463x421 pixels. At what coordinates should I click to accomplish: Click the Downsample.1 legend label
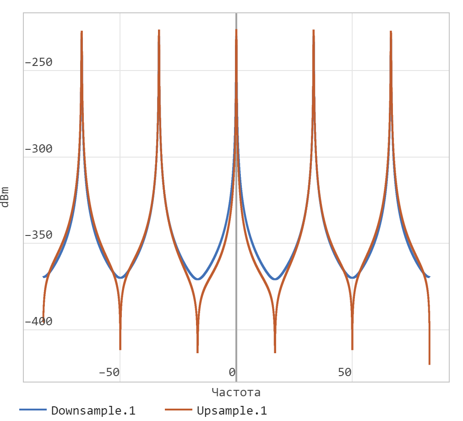point(93,410)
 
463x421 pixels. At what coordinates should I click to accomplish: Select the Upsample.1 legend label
point(232,410)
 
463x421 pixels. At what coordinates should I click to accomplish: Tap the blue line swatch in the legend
point(33,410)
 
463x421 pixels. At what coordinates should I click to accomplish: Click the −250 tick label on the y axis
point(38,62)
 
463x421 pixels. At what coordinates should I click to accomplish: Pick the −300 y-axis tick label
point(38,149)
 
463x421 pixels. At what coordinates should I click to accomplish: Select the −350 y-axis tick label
point(38,235)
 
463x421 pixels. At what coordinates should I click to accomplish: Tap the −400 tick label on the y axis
point(38,322)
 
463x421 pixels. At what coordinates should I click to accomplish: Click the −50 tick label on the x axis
point(109,372)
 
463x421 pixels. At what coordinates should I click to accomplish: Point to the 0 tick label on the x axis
point(232,372)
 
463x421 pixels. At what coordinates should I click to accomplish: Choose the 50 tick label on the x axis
point(345,372)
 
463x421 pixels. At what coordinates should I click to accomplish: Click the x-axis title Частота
point(236,392)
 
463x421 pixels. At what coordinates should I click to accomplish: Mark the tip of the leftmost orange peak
point(82,32)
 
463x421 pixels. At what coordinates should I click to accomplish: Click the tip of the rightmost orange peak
point(391,32)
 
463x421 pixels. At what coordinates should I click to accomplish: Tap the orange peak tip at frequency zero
point(236,30)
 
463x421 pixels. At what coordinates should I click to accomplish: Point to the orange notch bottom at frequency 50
point(352,349)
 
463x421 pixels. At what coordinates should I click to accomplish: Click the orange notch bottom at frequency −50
point(120,349)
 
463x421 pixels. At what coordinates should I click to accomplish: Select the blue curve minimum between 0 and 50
point(275,279)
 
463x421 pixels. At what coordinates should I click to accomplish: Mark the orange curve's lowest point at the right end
point(430,364)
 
